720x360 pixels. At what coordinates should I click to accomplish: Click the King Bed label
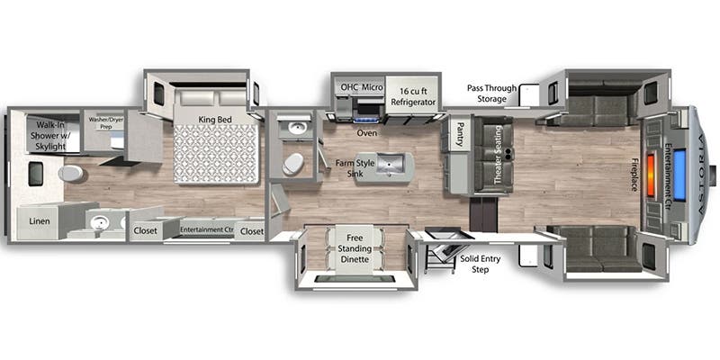pos(215,120)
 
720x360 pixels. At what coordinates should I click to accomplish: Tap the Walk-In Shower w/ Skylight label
pos(49,136)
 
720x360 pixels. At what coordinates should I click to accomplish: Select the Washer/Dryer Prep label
pos(105,122)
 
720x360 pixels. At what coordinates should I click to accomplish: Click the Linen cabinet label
pos(40,221)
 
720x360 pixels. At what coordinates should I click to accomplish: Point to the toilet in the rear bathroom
pos(71,174)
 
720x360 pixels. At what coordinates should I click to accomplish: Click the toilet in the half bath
pos(292,164)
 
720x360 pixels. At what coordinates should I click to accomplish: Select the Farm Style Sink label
pos(355,168)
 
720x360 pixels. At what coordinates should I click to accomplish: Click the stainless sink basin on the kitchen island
pos(391,164)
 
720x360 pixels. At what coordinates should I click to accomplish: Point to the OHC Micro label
pos(362,87)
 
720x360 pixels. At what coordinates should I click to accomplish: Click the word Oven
pos(367,133)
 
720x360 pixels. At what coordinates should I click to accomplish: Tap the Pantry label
pos(459,135)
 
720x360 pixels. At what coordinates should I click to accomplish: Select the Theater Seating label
pos(498,155)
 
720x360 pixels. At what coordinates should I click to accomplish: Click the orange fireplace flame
pos(651,169)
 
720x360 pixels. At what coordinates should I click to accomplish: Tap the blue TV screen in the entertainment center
pos(679,175)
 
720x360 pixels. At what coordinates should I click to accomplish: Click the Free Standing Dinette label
pos(358,248)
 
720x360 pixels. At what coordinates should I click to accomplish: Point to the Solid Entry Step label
pos(480,264)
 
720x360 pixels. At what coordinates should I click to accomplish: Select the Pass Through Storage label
pos(491,94)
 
